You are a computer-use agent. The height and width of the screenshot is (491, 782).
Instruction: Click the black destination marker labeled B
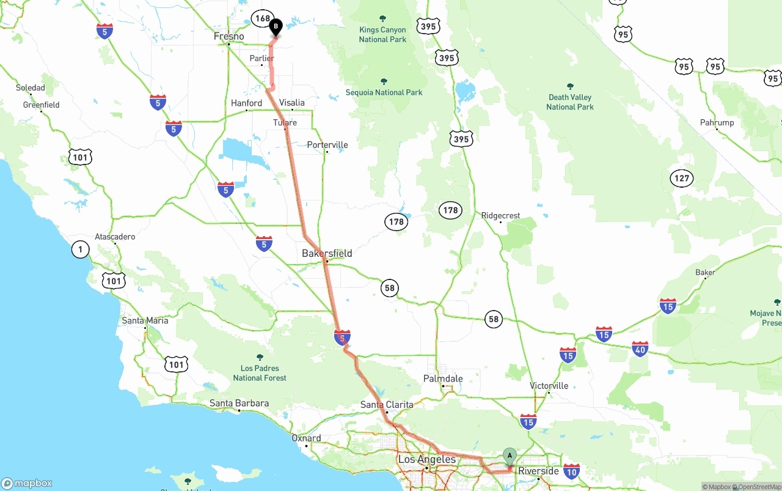click(x=276, y=27)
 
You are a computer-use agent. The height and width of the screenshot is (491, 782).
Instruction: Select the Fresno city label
click(x=229, y=37)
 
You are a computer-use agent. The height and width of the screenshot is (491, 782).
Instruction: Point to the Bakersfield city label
click(x=327, y=253)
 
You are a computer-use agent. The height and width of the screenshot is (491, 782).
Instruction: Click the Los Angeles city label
click(x=427, y=459)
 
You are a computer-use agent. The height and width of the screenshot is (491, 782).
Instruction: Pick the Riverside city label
click(x=538, y=471)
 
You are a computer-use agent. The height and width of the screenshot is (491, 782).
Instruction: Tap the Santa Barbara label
click(x=239, y=404)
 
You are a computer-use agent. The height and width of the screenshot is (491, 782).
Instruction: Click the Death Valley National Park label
click(x=570, y=102)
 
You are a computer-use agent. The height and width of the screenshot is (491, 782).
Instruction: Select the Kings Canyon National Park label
click(x=382, y=34)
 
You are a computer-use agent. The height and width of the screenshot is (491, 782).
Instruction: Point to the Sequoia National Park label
click(x=384, y=92)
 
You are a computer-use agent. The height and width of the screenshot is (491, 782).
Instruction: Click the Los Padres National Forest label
click(x=260, y=372)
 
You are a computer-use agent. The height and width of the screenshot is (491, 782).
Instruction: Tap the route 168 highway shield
click(x=263, y=18)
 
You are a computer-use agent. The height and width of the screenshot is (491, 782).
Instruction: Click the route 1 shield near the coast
click(x=80, y=249)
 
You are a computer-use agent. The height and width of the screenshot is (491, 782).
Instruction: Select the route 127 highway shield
click(x=682, y=179)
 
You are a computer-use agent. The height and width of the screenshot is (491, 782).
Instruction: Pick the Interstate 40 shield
click(x=640, y=349)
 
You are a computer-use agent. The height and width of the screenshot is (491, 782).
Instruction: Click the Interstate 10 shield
click(x=571, y=471)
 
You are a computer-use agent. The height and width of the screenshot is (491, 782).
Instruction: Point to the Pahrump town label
click(x=717, y=123)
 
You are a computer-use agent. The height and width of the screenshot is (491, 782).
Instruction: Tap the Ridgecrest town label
click(x=500, y=216)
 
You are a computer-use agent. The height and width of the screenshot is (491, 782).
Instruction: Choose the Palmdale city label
click(x=443, y=379)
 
